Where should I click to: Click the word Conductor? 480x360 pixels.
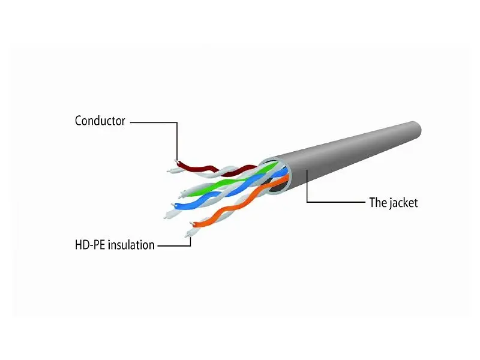pos(100,121)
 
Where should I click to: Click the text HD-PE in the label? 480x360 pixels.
pos(90,245)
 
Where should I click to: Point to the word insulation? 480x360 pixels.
pos(131,245)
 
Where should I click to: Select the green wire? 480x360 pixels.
pos(233,181)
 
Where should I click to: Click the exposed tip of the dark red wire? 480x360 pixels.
pos(176,161)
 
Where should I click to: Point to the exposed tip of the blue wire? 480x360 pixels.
pos(173,205)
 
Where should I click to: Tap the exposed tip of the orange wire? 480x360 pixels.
pos(192,223)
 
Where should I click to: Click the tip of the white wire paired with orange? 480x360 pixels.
pos(187,236)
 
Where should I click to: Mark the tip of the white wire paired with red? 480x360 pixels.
pos(169,171)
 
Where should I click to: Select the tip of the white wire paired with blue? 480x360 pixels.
pos(166,217)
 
